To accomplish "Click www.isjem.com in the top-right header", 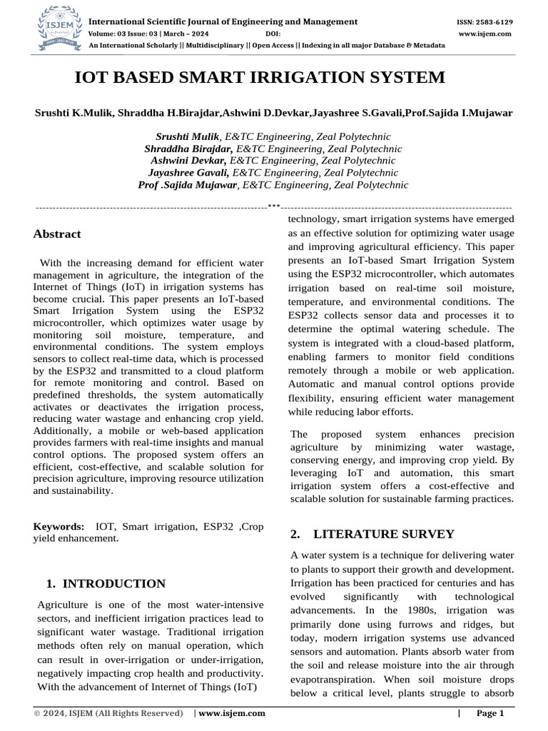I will coord(485,34).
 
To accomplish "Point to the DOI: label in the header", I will coord(273,34).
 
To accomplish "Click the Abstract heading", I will coord(57,233).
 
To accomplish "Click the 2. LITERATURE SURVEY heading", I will coord(372,533).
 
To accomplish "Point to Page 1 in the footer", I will coord(490,713).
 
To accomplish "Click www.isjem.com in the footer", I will coord(233,713).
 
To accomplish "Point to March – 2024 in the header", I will coord(201,34).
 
